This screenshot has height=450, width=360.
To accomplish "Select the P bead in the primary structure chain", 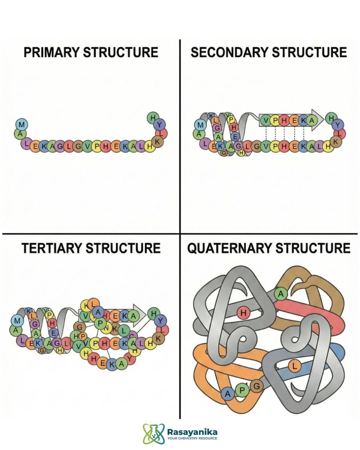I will click(96, 146).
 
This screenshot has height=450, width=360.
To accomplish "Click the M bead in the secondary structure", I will click(200, 125).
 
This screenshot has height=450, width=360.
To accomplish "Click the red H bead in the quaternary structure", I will click(243, 313).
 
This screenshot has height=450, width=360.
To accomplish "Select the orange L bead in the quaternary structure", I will click(294, 366).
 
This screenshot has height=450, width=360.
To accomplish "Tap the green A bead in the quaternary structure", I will click(281, 294).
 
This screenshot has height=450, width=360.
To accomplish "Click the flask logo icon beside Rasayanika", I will click(154, 434).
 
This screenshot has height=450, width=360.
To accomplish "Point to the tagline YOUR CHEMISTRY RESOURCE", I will click(192, 438).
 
